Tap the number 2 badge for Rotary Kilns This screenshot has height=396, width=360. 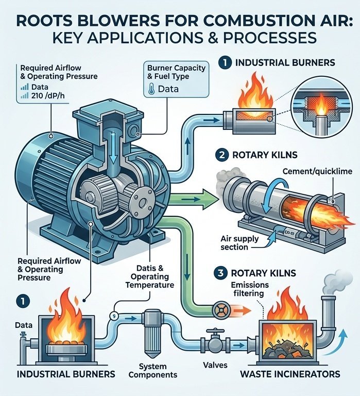click(222, 155)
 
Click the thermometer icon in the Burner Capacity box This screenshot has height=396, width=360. click(151, 89)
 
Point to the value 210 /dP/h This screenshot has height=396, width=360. click(47, 96)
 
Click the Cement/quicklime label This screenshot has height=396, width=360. click(317, 172)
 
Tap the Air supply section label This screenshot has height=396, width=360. click(239, 243)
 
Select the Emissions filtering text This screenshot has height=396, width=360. click(250, 289)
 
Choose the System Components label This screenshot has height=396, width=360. click(153, 371)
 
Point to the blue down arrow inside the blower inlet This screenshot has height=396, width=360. click(113, 147)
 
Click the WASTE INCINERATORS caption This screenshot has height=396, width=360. click(290, 374)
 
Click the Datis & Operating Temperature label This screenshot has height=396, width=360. click(150, 276)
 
